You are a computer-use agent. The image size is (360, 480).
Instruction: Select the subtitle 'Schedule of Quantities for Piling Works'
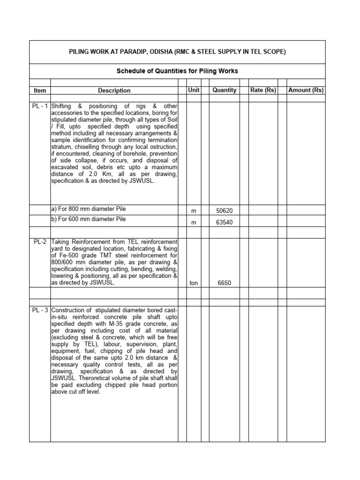177,71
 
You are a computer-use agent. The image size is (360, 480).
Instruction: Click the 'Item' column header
39,90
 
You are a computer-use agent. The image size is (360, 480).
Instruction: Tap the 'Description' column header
114,90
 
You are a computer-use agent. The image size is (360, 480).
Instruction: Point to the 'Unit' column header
194,90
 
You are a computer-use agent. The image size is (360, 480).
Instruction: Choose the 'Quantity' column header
224,90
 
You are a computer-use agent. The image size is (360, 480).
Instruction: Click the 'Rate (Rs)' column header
263,90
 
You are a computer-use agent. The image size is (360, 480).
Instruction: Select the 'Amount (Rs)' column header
306,90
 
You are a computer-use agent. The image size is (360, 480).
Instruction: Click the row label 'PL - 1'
40,106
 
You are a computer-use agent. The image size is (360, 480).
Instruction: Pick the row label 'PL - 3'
40,310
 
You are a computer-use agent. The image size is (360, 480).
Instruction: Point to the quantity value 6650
224,283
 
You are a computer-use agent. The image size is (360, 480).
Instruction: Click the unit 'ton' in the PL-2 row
194,283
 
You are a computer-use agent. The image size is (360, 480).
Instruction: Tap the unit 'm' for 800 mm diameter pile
194,211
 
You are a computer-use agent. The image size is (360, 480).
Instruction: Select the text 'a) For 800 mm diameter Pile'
89,209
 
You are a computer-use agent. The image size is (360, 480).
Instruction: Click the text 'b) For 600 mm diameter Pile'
89,219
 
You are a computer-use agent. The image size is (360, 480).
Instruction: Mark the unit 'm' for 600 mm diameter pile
194,223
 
